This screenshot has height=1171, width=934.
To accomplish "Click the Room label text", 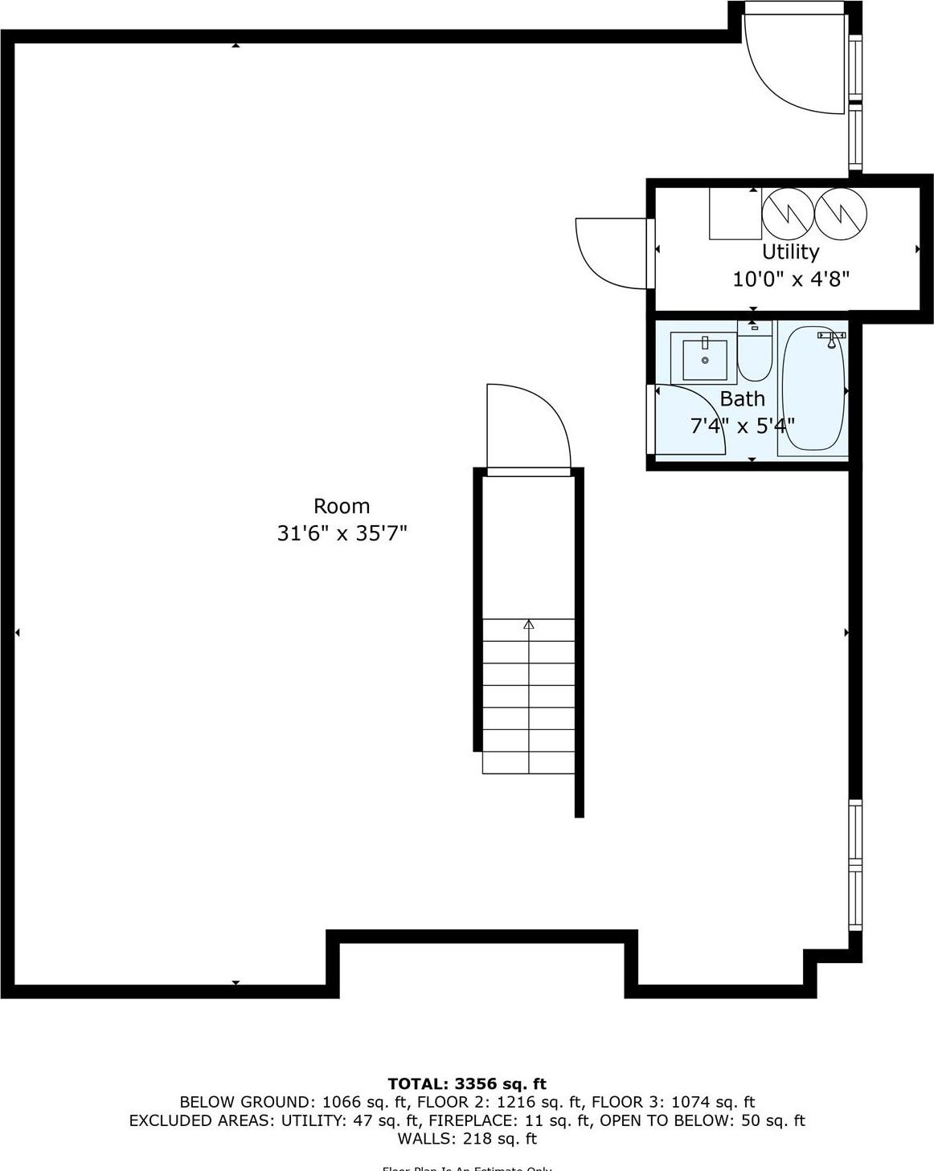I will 342,506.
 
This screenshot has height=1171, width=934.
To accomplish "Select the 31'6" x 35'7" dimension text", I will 342,532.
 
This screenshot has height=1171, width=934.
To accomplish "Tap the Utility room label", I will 790,251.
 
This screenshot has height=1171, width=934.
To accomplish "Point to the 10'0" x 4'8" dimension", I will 791,279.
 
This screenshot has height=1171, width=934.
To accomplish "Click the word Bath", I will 742,398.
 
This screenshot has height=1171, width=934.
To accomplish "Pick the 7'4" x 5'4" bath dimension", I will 742,425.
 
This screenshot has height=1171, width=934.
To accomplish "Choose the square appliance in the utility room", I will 735,214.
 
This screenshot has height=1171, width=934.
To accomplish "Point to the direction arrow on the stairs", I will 528,624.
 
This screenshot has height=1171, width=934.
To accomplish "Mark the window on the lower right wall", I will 855,864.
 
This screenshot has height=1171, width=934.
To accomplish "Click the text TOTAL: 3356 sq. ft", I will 466,1083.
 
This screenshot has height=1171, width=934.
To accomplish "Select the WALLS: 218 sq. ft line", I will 466,1138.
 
